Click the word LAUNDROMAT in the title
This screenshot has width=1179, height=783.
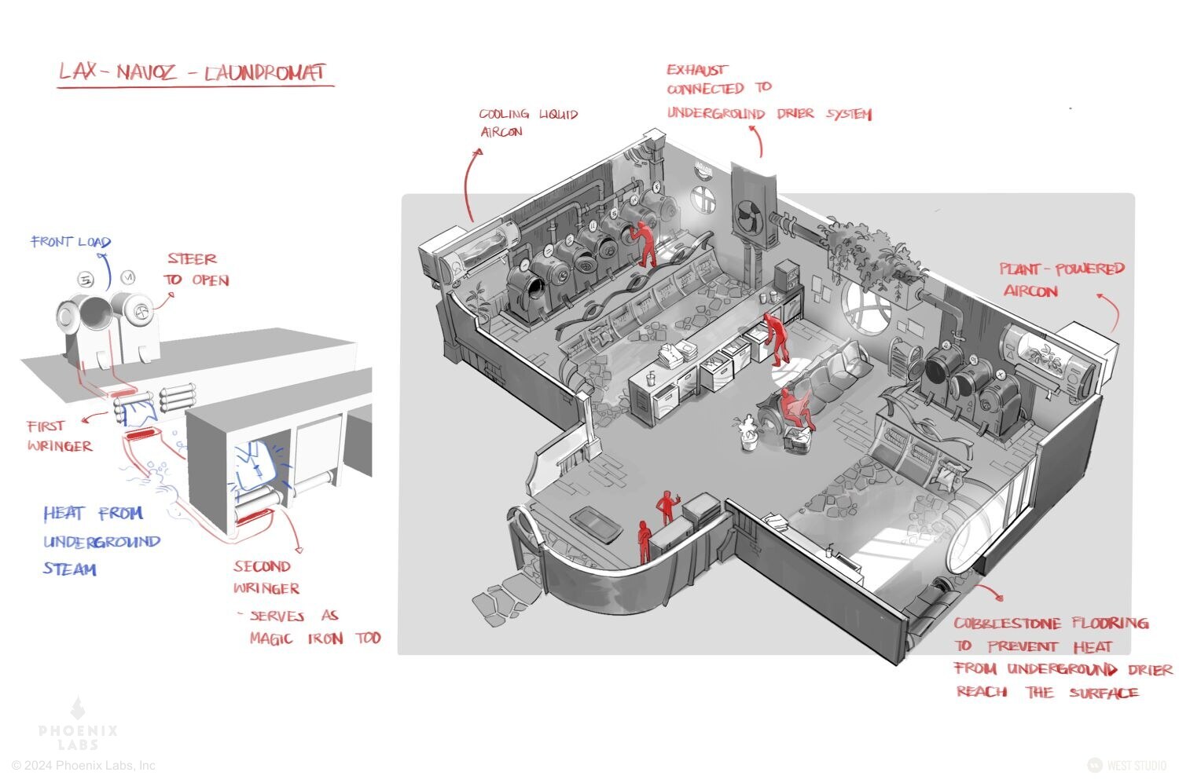[264, 73]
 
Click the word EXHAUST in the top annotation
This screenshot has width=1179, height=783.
[697, 70]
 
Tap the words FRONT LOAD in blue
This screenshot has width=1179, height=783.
[71, 242]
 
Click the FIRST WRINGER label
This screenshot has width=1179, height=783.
[58, 436]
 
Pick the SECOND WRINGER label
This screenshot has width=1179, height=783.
[266, 577]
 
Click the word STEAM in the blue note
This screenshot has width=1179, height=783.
[70, 569]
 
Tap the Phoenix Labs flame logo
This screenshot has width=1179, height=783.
[78, 709]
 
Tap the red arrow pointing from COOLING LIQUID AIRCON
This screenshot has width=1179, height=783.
[469, 185]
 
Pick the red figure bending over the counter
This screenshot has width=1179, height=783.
[777, 338]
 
